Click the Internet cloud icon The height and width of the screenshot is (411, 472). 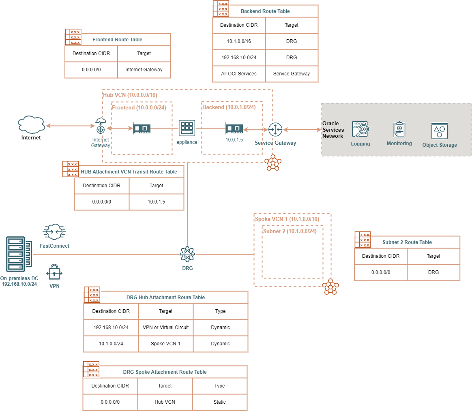coord(31,124)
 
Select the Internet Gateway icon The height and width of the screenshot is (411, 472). coord(100,126)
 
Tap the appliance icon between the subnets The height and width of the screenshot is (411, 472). coord(187,128)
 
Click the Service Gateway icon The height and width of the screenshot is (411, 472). coord(275,130)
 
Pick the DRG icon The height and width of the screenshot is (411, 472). coord(187,254)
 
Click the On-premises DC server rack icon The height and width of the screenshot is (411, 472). coord(19,254)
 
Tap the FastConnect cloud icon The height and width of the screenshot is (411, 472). coord(54,232)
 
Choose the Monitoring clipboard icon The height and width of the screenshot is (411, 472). coord(399,129)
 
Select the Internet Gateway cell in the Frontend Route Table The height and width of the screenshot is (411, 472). coord(144,70)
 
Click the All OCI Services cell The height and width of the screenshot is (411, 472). coord(238,74)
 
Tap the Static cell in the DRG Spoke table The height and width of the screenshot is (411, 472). coord(220,402)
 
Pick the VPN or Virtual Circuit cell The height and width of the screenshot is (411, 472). coord(166,328)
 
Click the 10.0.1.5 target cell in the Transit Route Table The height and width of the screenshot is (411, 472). coord(156,202)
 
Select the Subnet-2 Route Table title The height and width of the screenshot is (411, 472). coord(407,242)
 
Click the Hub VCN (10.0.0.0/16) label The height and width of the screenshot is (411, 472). coord(130,95)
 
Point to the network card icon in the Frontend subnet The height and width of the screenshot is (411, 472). coord(142,129)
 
